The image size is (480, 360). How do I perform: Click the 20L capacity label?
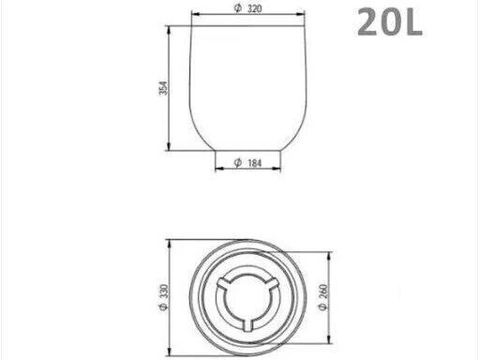[390, 22]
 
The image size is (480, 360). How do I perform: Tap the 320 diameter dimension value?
[255, 8]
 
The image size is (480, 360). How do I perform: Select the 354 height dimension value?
[163, 88]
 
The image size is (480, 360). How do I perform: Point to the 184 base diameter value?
[255, 163]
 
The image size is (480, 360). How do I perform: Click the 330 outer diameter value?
[164, 292]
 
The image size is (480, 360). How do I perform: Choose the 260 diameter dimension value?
[323, 292]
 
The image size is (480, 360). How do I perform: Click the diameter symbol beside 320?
[238, 8]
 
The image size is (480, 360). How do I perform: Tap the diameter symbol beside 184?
[238, 162]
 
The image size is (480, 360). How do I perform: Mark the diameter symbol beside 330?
[164, 307]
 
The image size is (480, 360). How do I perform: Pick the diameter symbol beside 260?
[323, 307]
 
